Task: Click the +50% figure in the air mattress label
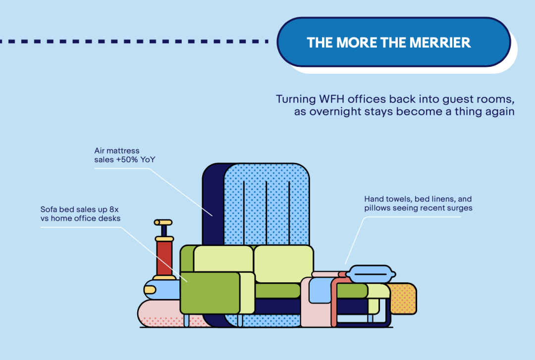(126, 159)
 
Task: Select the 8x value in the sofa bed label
(114, 209)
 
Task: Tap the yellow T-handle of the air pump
(163, 223)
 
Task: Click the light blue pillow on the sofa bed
(372, 273)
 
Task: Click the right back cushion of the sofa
(283, 263)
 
